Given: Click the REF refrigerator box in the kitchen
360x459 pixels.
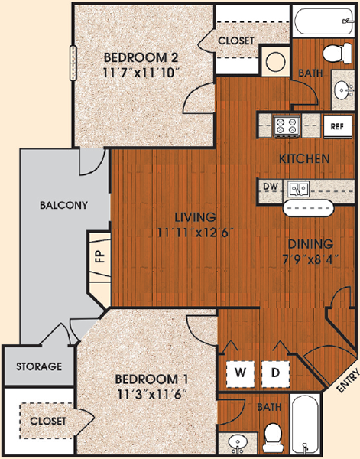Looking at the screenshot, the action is [x=338, y=126].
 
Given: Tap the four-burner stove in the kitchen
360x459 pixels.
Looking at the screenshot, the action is [x=287, y=126].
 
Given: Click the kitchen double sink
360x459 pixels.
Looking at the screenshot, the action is [x=298, y=189].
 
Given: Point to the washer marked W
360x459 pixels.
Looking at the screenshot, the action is [x=241, y=374].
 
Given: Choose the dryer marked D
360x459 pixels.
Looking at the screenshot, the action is [x=275, y=374].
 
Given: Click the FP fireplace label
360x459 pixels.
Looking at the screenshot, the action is [x=100, y=257].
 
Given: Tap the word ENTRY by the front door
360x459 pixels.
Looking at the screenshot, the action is [x=348, y=380].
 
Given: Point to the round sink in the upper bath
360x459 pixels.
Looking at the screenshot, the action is [x=342, y=90].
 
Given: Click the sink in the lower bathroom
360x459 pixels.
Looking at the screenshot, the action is [x=237, y=444].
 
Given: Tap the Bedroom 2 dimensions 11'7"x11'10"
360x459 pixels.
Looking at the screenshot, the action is [x=141, y=73].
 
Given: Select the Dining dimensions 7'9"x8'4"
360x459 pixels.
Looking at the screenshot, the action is [x=310, y=259].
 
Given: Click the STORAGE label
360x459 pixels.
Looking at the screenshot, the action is [x=39, y=366].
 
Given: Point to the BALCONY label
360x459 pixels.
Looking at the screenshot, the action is [x=63, y=205].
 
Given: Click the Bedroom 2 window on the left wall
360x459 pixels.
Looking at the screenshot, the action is [x=73, y=63].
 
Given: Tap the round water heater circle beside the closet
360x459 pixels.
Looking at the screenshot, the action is [x=275, y=61].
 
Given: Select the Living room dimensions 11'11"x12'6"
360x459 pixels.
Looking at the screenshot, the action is [x=195, y=233].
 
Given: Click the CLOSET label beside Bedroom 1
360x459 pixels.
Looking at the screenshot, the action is [x=48, y=421].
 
